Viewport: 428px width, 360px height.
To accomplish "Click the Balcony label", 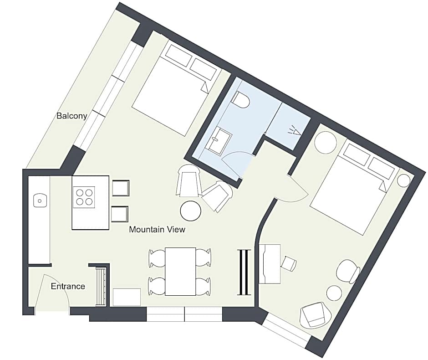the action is coord(72,116).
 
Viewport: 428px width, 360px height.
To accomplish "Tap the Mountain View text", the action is coord(157,229).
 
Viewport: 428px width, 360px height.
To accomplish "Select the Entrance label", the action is coord(68,286).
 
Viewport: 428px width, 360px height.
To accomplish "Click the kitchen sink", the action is coord(40,201).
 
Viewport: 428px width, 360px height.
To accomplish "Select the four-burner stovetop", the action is coord(84,197).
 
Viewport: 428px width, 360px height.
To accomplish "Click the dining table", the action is coord(180,272).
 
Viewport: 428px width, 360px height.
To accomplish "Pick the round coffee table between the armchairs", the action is coord(191,211).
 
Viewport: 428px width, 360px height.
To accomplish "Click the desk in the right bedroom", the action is coord(270,264).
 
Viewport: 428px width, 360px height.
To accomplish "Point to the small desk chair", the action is coord(289,263).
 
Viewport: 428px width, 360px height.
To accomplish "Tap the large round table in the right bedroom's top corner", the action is coord(326,143).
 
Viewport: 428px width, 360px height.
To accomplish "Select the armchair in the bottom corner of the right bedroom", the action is coord(316,315).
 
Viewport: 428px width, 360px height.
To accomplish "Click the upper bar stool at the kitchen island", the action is coord(121,188).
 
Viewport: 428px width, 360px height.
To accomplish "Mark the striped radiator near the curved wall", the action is coord(244,273).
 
